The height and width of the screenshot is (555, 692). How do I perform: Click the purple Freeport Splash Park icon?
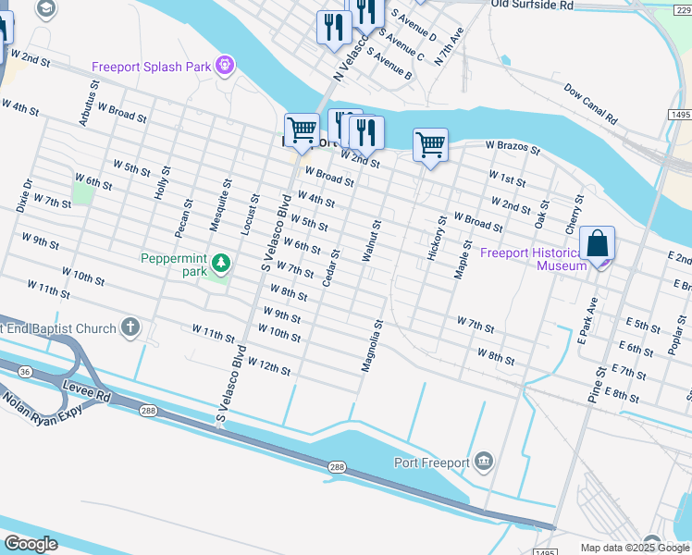(224, 66)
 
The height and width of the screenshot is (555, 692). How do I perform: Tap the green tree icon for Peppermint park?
(220, 265)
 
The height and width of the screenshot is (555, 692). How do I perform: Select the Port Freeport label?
(431, 462)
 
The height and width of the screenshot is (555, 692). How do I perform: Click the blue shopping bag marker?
(599, 245)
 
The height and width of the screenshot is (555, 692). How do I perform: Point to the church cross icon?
(130, 327)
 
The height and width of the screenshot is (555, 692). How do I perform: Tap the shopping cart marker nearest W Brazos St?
(430, 145)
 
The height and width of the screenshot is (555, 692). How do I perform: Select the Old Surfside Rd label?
(532, 6)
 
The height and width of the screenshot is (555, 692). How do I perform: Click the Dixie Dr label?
(23, 195)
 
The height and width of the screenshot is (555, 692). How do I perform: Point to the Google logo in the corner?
(31, 544)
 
